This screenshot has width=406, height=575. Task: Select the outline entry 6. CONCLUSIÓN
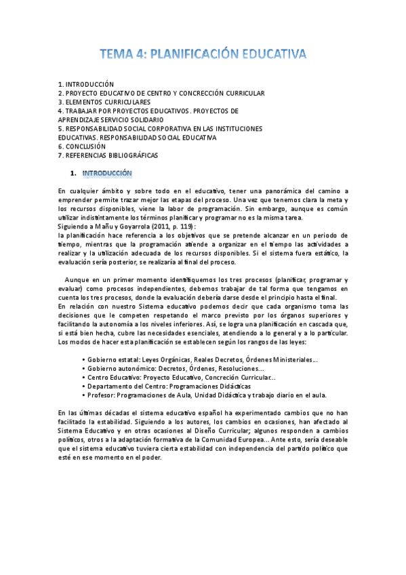(82, 146)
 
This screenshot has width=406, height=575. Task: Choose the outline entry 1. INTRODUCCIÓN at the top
(86, 84)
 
